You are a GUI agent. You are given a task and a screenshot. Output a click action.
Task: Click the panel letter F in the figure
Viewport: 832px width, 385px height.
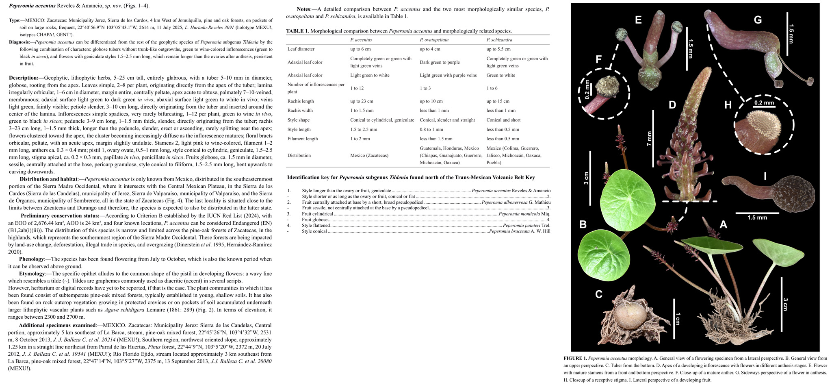click(x=598, y=60)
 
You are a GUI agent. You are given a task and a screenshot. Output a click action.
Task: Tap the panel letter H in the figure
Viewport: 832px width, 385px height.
click(x=728, y=105)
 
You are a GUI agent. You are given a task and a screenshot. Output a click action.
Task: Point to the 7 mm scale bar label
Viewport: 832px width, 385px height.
click(x=650, y=138)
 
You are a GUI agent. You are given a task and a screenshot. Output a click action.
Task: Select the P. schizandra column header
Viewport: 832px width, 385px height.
click(x=499, y=40)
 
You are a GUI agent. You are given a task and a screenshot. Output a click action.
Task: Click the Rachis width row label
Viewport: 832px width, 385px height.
click(x=300, y=111)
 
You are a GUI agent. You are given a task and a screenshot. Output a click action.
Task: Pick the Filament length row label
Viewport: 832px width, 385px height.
click(x=302, y=139)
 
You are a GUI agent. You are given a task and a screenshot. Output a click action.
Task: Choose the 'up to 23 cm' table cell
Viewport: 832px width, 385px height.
click(x=362, y=101)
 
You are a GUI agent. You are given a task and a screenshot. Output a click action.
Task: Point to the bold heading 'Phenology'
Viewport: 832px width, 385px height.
click(x=31, y=259)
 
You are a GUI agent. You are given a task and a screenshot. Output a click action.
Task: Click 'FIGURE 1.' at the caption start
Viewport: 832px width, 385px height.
click(x=575, y=359)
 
